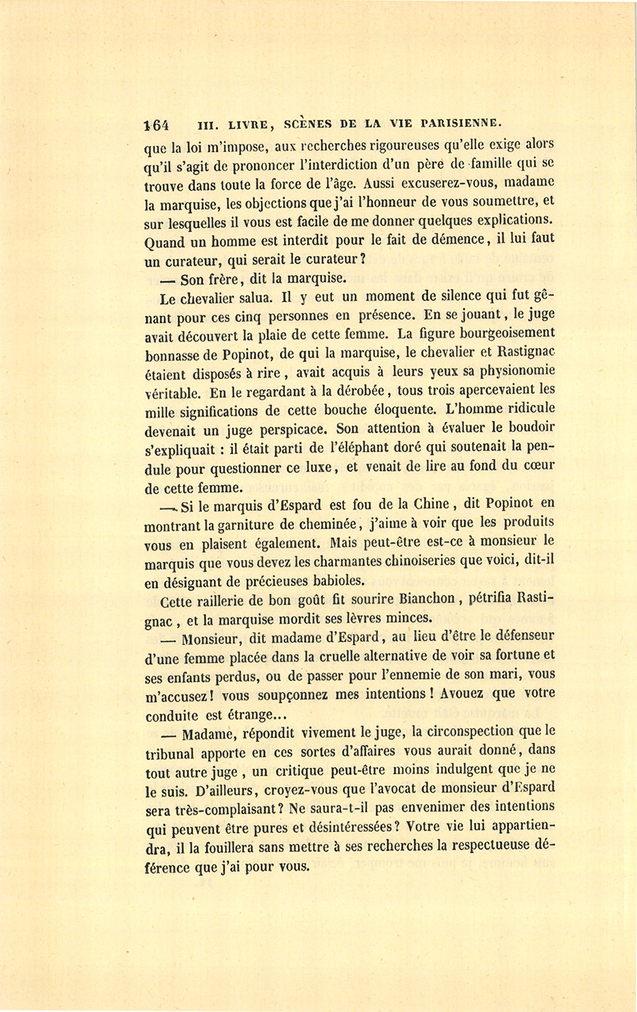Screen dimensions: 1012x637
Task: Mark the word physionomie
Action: (x=513, y=371)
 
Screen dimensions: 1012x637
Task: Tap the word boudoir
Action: (x=529, y=428)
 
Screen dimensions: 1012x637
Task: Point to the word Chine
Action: (x=427, y=505)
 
